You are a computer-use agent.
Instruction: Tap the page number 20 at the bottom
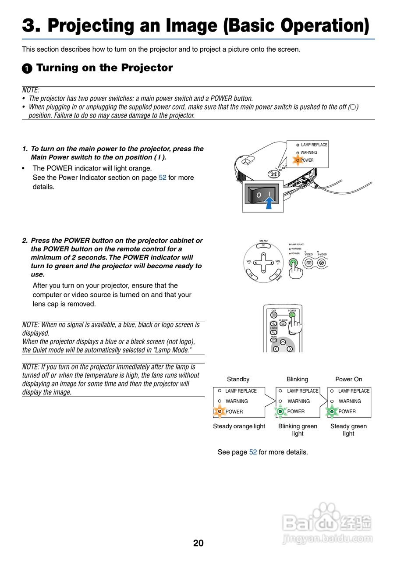[198, 543]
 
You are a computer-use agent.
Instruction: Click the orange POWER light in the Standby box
[220, 412]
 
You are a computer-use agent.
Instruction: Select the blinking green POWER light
[281, 412]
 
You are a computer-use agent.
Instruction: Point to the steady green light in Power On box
[332, 412]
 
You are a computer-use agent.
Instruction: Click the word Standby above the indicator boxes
[238, 379]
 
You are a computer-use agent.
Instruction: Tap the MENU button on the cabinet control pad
[263, 246]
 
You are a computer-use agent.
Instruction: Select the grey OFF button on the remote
[274, 315]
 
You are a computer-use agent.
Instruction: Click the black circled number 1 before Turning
[27, 68]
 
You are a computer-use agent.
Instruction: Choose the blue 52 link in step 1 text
[162, 178]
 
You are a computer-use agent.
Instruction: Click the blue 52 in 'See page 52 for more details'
[253, 452]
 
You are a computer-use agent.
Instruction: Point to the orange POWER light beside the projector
[298, 160]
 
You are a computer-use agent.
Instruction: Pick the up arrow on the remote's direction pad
[283, 342]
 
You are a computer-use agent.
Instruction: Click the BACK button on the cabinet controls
[277, 276]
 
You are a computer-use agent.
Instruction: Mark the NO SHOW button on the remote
[283, 324]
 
